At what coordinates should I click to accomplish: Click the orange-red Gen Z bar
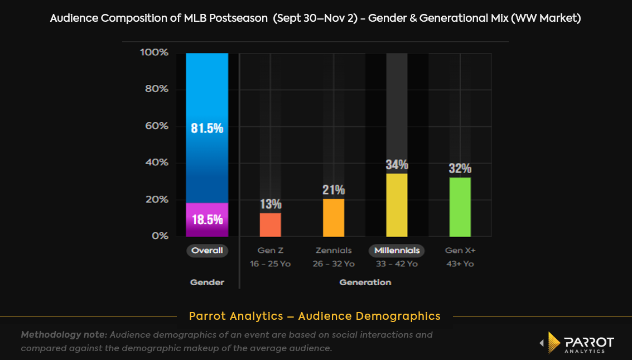tap(271, 224)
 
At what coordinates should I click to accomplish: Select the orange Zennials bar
tap(334, 218)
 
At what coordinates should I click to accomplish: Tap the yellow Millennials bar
tap(397, 205)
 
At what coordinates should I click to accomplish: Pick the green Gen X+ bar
tap(460, 207)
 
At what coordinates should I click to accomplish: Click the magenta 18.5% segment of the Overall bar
tap(207, 219)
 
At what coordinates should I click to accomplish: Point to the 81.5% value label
tap(207, 128)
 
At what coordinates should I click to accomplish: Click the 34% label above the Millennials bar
tap(397, 165)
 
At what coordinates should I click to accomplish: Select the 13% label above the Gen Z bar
tap(271, 204)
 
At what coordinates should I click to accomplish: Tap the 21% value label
tap(334, 190)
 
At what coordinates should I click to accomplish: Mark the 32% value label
tap(460, 169)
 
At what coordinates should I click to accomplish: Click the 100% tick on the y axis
tap(154, 52)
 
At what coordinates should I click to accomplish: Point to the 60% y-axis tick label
tap(156, 126)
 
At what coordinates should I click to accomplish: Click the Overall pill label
tap(207, 251)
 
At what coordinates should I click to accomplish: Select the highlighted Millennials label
tap(397, 251)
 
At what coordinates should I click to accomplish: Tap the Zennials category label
tap(334, 251)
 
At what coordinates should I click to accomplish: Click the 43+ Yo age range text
tap(460, 264)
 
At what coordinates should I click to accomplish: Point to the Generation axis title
tap(365, 282)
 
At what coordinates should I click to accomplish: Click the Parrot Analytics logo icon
tap(553, 342)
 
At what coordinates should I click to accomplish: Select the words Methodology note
tap(64, 335)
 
